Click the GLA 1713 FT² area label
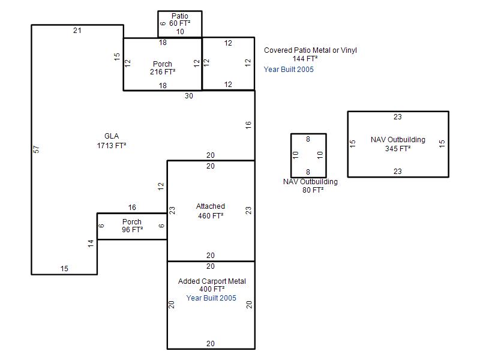coord(112,141)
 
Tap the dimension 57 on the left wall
coord(36,149)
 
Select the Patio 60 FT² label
coord(179,20)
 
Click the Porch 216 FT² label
coord(163,68)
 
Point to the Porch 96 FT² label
coord(132,226)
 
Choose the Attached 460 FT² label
coord(211,211)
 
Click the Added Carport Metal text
coord(212,281)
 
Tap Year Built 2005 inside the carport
coord(211,298)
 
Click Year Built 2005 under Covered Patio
coord(289,70)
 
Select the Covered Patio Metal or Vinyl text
coord(310,50)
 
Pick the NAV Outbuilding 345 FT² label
coord(398,144)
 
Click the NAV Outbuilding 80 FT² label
coord(310,185)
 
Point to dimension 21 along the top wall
coord(77,31)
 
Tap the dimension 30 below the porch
coord(189,96)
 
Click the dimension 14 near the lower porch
coord(91,244)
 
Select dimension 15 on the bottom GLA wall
coord(64,268)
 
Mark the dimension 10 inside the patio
coord(180,32)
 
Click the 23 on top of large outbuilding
coord(398,116)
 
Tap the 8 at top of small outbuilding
coord(308,139)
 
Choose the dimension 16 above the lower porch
coord(132,207)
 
